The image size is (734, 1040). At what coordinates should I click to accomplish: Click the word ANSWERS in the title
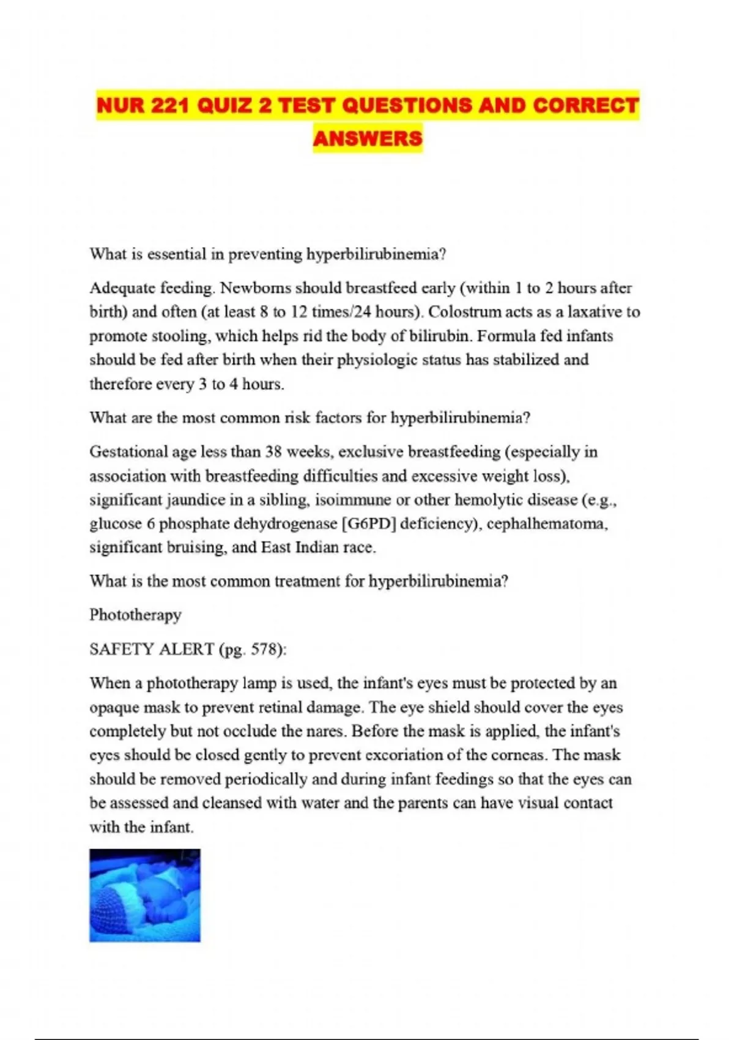tap(368, 138)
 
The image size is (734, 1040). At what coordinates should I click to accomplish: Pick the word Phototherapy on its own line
tap(135, 615)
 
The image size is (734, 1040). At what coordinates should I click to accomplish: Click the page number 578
tap(263, 649)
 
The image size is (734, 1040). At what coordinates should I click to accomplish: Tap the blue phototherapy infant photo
tap(145, 895)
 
